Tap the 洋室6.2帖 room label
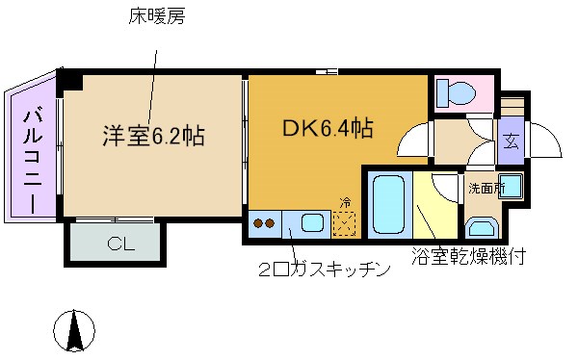(x=153, y=136)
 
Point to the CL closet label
(x=120, y=244)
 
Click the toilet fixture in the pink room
(x=456, y=93)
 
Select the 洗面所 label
(x=486, y=188)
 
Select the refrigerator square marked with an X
(x=345, y=223)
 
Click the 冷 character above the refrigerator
(x=345, y=202)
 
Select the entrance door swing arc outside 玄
(x=544, y=143)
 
